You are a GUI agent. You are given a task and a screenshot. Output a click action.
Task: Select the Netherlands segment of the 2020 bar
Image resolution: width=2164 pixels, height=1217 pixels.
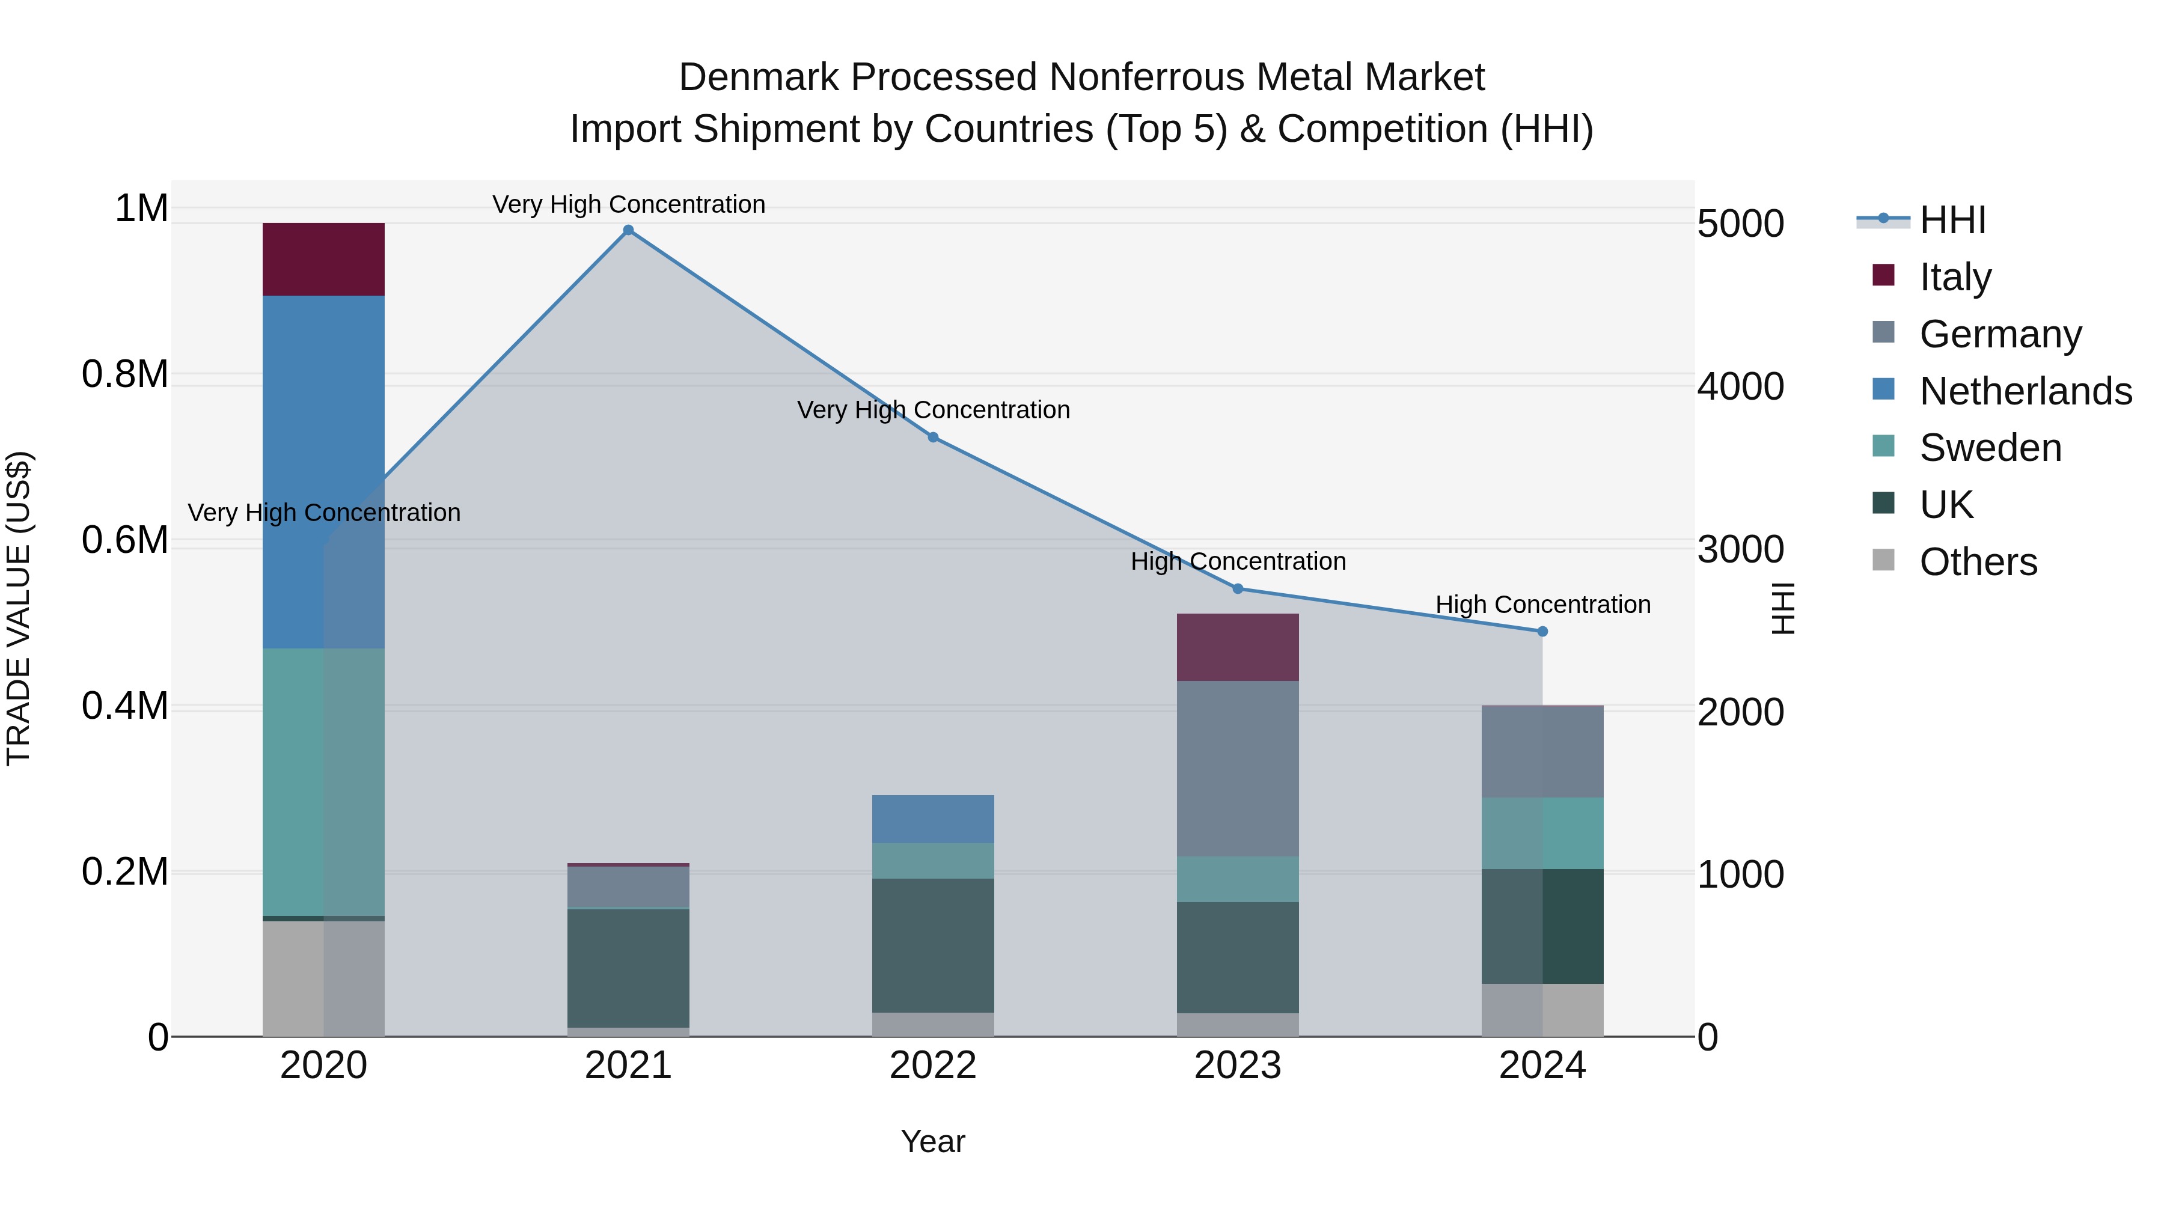point(323,471)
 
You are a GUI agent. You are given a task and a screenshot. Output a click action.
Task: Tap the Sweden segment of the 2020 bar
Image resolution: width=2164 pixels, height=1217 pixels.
point(323,781)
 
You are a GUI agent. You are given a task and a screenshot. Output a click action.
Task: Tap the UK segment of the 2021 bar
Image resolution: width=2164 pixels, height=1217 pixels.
point(628,968)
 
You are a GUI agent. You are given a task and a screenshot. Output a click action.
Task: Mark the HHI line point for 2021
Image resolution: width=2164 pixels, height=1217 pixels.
point(628,230)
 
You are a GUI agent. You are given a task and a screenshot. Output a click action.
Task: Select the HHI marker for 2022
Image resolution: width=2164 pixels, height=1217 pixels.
point(932,438)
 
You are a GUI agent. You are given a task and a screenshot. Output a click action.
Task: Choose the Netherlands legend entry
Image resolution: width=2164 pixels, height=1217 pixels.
point(2025,391)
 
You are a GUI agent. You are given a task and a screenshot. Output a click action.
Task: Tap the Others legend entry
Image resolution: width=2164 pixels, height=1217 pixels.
point(1978,562)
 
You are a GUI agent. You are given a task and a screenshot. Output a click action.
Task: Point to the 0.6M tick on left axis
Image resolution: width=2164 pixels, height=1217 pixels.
point(125,540)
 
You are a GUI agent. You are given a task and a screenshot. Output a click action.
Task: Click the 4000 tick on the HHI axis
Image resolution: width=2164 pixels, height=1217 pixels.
point(1740,387)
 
